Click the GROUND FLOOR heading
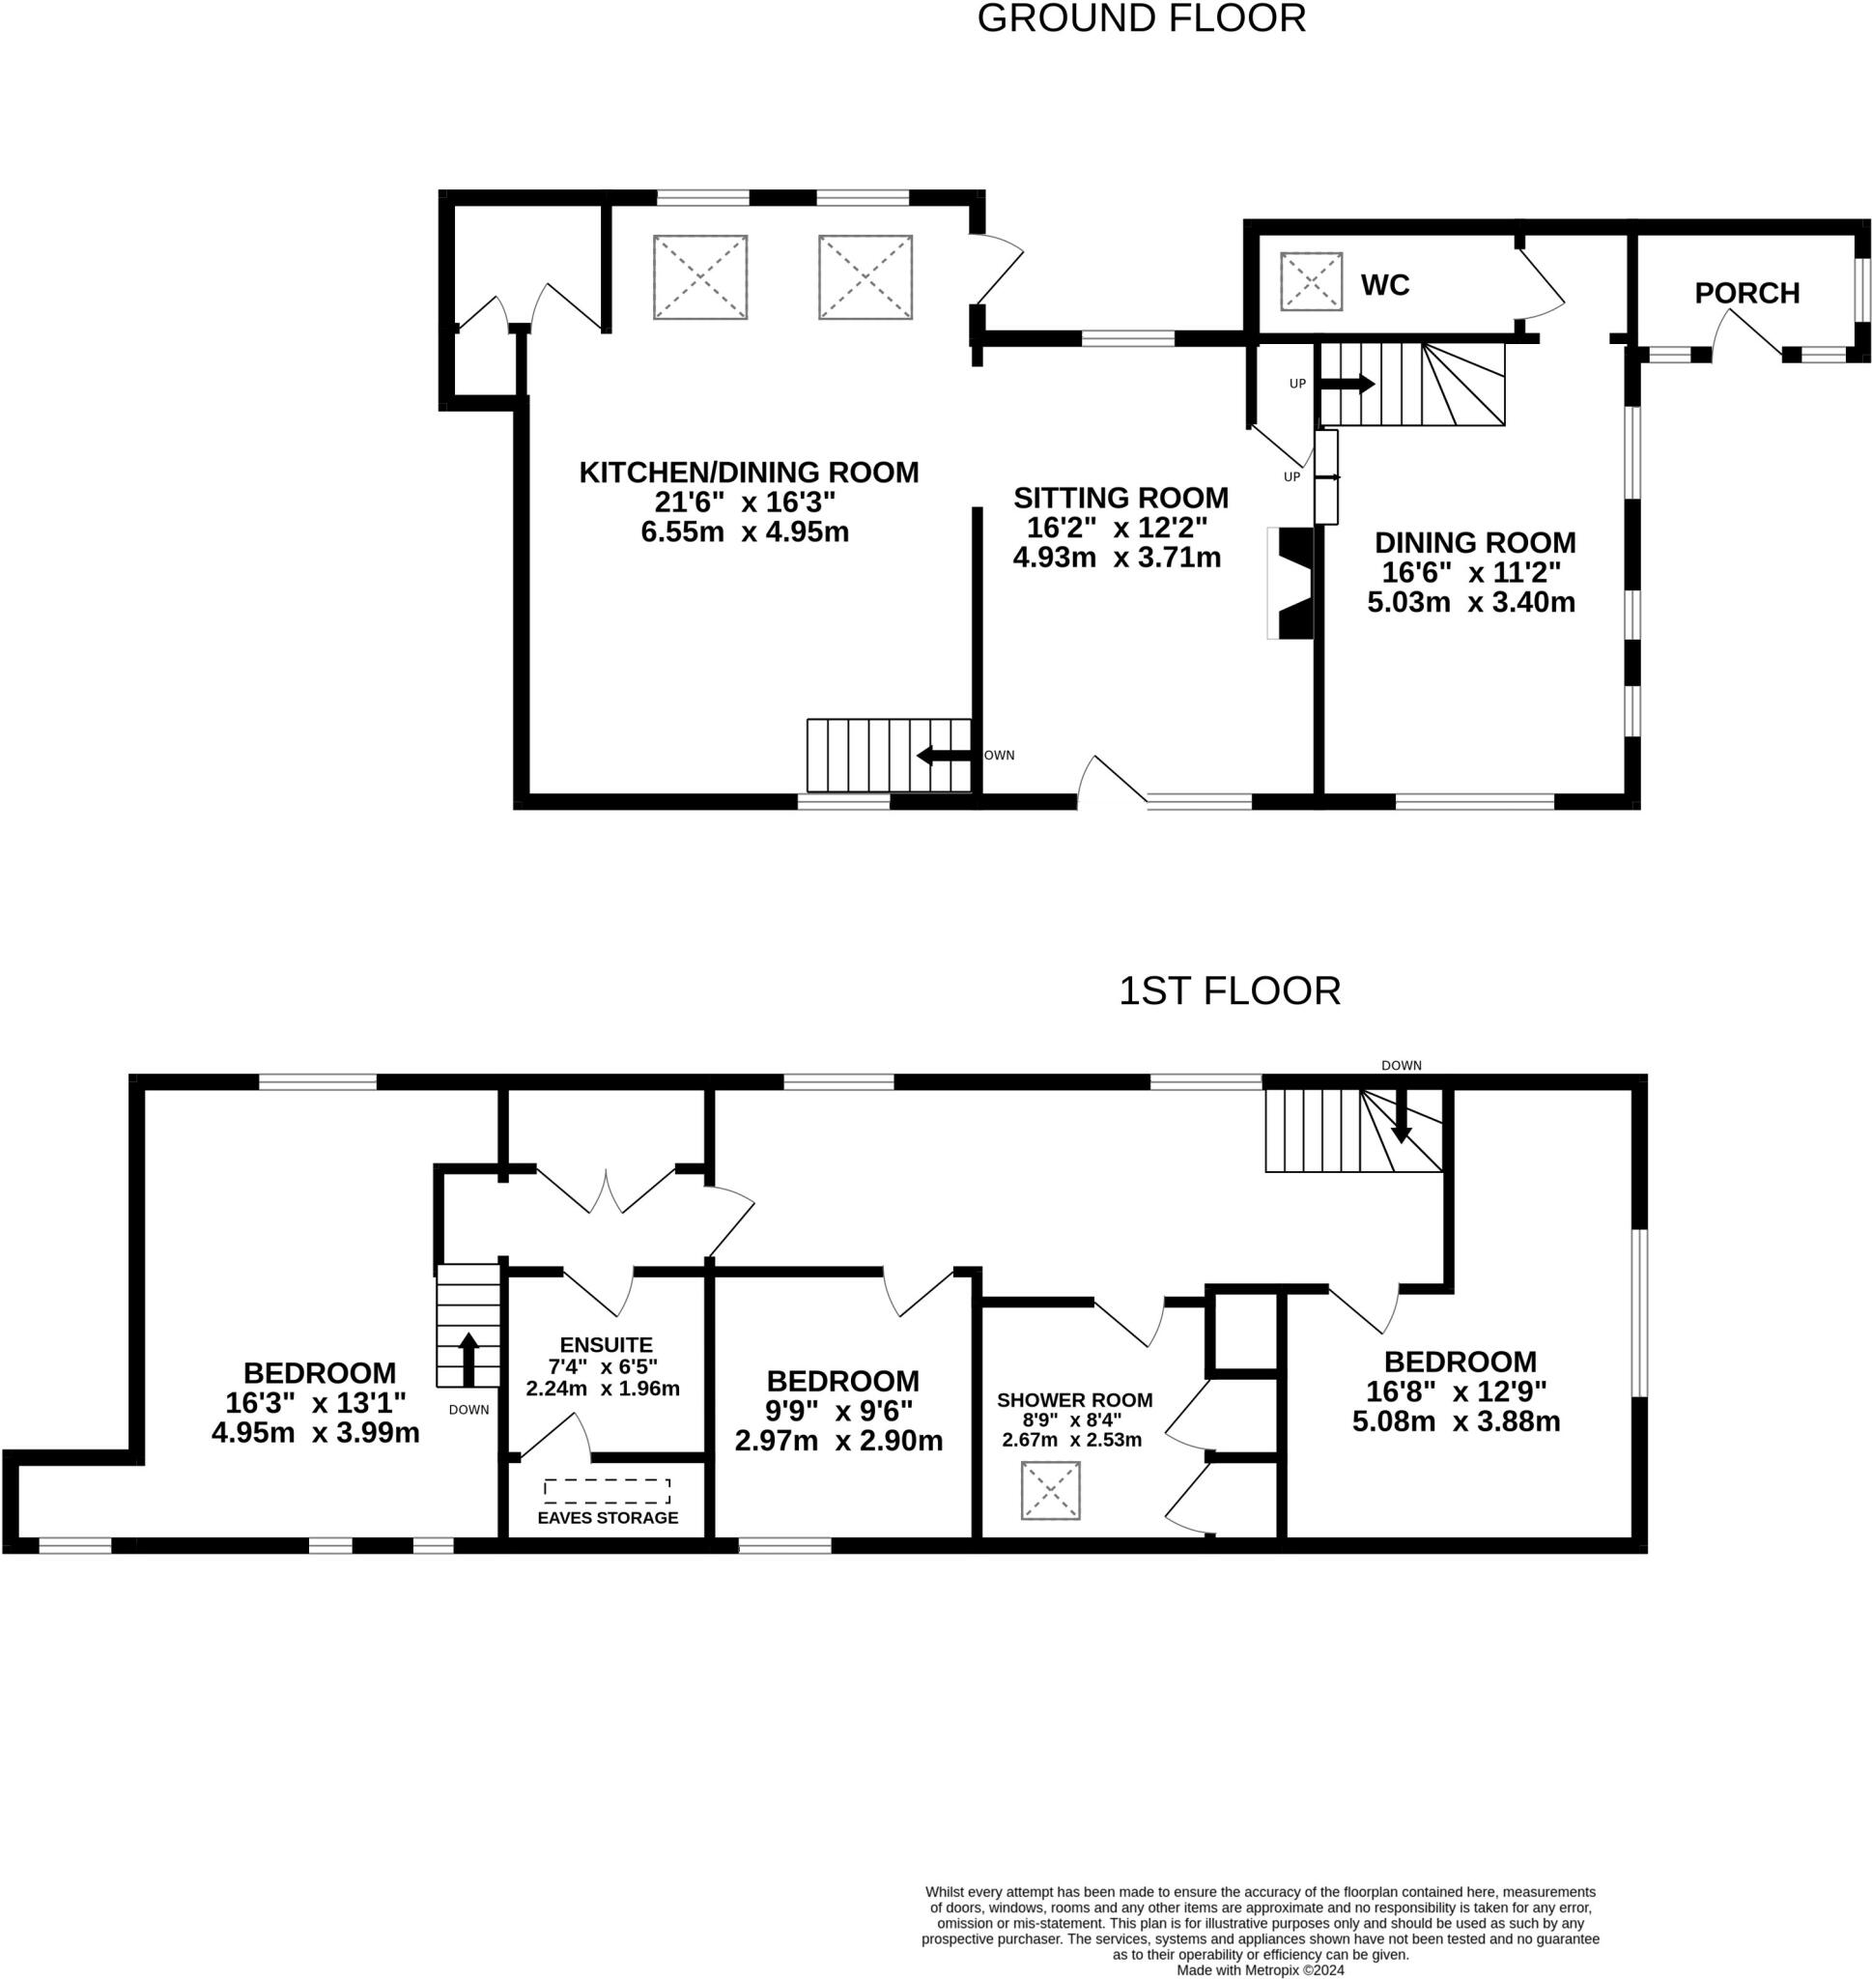pos(1142,19)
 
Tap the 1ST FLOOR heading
pos(1230,991)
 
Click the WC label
pos(1385,285)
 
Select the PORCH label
pos(1747,293)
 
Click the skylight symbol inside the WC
pos(1311,281)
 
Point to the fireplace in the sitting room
pos(1292,583)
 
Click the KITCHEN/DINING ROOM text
pos(750,473)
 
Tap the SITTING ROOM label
pos(1120,497)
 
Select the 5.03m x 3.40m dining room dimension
pos(1471,602)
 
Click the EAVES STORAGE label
pos(608,1518)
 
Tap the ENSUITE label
pos(606,1344)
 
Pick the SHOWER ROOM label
pos(1075,1400)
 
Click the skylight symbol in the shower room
pos(1051,1491)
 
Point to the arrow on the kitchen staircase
pos(944,756)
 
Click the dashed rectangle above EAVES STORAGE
pos(607,1491)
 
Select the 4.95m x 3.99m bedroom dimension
pos(315,1433)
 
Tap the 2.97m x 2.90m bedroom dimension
pos(838,1441)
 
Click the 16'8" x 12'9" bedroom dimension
pos(1457,1391)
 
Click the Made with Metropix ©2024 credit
pos(1261,1970)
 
